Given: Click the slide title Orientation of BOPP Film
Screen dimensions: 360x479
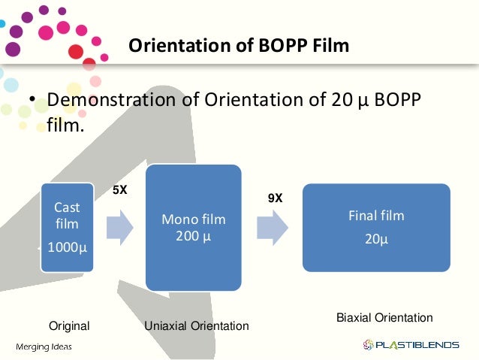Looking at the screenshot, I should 239,47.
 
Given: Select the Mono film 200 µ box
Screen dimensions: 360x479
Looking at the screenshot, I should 194,227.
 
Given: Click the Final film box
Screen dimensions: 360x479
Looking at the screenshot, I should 375,227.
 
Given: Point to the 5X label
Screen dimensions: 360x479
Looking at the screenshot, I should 120,191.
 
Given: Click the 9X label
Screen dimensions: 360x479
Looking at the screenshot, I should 276,198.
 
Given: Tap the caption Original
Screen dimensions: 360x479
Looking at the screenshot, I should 69,326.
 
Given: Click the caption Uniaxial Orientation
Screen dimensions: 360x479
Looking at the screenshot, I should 197,326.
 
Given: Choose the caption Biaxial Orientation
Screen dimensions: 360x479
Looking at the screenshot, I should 385,318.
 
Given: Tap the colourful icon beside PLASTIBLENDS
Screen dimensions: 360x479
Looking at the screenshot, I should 368,345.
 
